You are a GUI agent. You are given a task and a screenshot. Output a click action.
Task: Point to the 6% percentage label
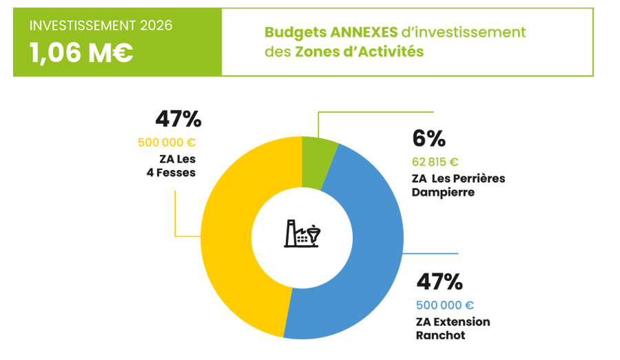[428, 139]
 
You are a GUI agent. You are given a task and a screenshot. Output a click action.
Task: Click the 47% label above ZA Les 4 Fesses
[178, 119]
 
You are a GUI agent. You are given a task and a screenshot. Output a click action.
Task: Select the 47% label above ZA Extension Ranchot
[439, 282]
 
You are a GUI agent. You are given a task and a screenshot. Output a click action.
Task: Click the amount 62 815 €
[435, 162]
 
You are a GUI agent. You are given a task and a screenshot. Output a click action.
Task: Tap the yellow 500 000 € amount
[167, 143]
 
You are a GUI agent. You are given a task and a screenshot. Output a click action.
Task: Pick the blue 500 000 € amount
[445, 305]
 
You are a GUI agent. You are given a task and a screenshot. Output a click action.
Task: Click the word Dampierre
[445, 192]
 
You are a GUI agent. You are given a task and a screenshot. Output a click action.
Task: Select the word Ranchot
[440, 335]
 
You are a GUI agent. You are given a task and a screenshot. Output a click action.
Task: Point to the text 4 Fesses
[171, 173]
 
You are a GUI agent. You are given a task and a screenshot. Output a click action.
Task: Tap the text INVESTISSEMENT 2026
[101, 26]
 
